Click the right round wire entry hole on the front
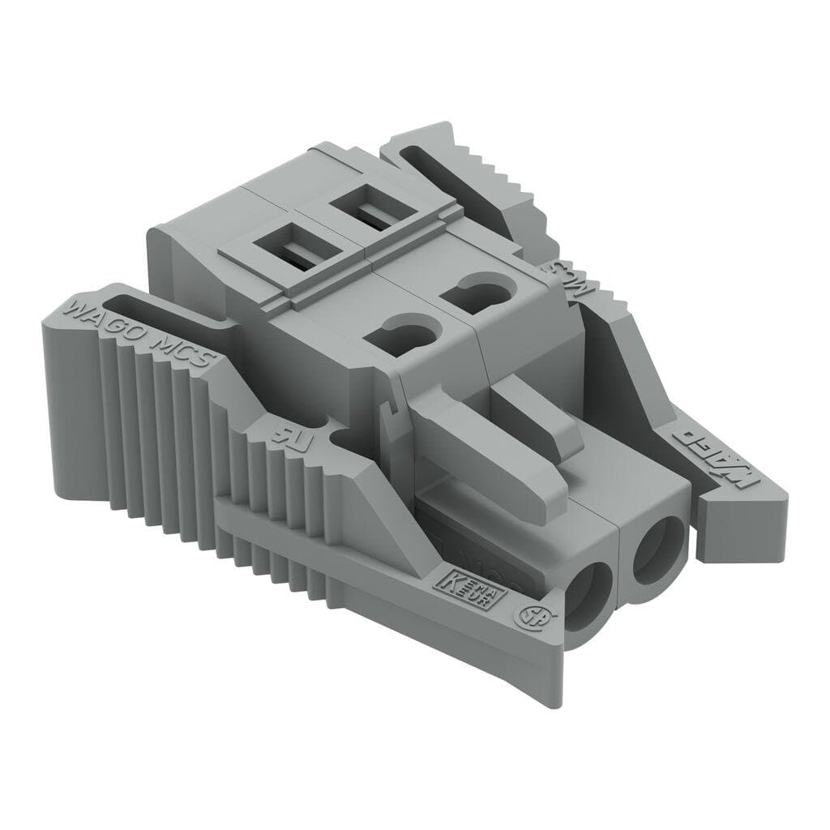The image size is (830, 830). [x=657, y=550]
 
